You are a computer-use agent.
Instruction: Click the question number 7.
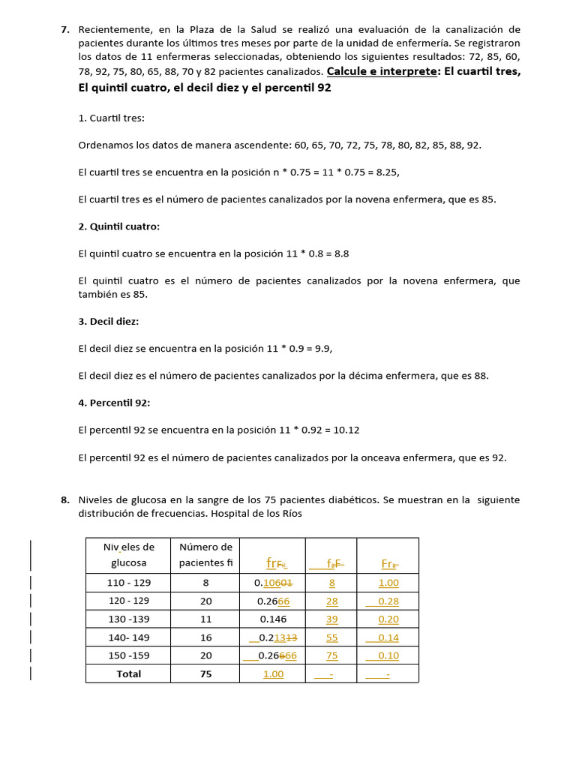coord(64,30)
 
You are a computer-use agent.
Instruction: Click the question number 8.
coord(64,499)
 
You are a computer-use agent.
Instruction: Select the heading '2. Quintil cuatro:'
coord(119,226)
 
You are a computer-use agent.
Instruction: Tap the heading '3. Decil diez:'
coord(109,321)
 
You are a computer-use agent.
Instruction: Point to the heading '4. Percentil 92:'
coord(115,403)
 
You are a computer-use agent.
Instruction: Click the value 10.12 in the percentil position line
coord(345,430)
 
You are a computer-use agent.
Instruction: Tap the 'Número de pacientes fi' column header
coord(206,555)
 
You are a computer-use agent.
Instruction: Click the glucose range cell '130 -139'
coord(127,619)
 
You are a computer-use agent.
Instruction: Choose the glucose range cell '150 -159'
coord(127,655)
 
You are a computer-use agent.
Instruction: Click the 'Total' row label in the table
coord(128,674)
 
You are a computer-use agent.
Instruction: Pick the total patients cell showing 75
coord(206,674)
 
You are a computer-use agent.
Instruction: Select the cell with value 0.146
coord(273,619)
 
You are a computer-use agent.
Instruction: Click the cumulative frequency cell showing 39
coord(331,619)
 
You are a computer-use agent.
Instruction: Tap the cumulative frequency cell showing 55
coord(331,637)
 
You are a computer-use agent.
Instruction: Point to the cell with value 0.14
coord(388,637)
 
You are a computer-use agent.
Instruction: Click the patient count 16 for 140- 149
coord(206,637)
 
